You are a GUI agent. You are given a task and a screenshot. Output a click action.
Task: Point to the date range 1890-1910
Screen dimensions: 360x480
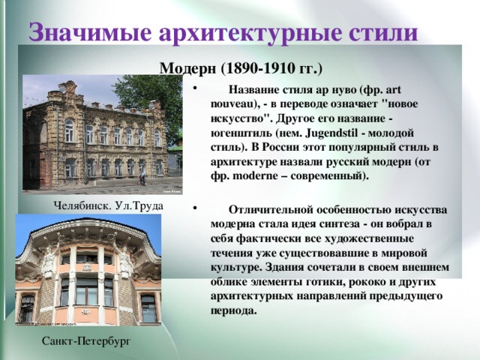click(x=259, y=68)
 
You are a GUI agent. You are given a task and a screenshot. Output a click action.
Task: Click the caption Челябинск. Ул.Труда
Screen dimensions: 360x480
click(x=109, y=205)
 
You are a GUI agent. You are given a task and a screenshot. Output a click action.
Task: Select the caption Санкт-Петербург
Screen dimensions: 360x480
click(x=85, y=341)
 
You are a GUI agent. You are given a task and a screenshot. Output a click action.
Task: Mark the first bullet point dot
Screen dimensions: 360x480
click(x=195, y=90)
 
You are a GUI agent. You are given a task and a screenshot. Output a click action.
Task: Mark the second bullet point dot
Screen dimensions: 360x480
click(x=195, y=209)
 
